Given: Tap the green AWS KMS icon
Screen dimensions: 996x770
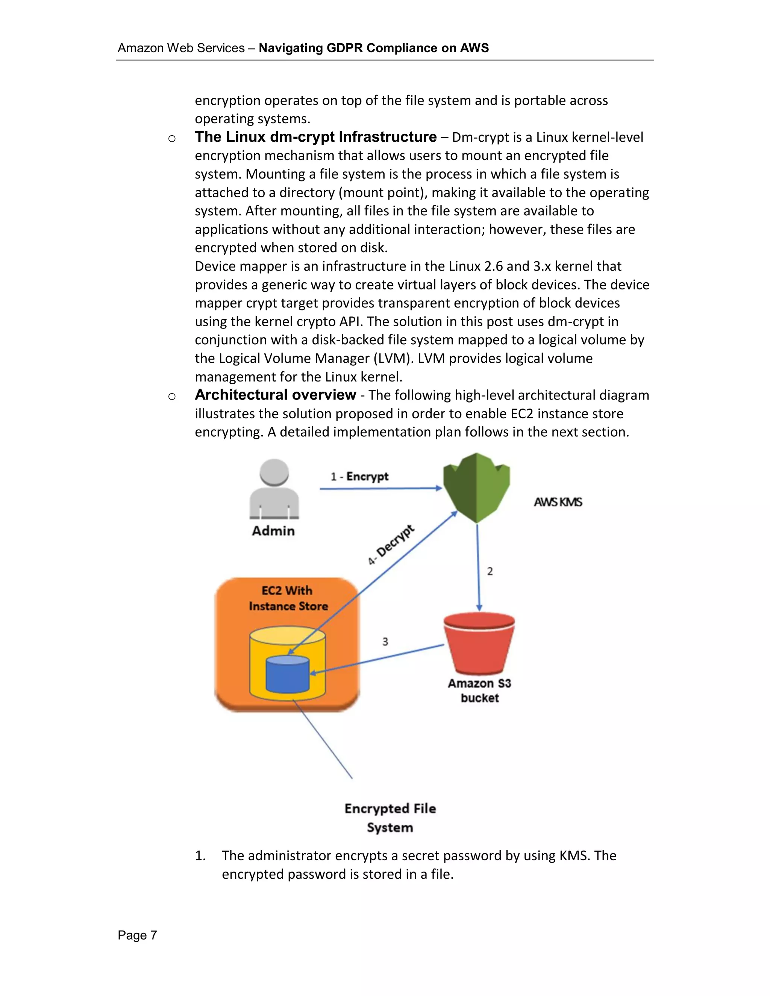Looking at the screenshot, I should click(x=476, y=487).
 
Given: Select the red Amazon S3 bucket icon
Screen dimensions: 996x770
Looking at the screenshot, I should click(x=479, y=643).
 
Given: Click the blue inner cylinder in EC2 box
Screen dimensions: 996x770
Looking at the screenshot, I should click(x=287, y=674).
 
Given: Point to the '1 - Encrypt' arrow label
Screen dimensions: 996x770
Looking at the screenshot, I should click(x=359, y=477).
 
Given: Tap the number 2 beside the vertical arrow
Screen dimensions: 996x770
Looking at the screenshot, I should click(x=490, y=571).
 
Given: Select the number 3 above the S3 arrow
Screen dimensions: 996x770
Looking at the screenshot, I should click(x=385, y=642).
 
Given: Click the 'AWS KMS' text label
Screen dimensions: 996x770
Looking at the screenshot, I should click(x=558, y=502).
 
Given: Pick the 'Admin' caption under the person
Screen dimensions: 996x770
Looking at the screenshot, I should click(x=273, y=531).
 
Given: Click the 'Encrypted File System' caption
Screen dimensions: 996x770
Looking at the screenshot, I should click(x=390, y=818).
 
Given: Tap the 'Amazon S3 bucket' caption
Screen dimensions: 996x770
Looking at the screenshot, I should click(x=479, y=690).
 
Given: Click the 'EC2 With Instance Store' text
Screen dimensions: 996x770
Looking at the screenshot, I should click(x=288, y=598).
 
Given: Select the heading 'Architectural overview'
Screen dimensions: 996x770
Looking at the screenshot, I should click(x=275, y=395).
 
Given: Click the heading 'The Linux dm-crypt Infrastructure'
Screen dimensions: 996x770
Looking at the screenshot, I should click(x=316, y=137).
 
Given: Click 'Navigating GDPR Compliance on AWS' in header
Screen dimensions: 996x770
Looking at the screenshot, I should click(x=374, y=48).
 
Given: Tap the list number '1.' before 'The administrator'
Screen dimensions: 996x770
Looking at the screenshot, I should click(x=200, y=855).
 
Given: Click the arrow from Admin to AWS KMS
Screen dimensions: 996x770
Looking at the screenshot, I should click(x=380, y=489).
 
